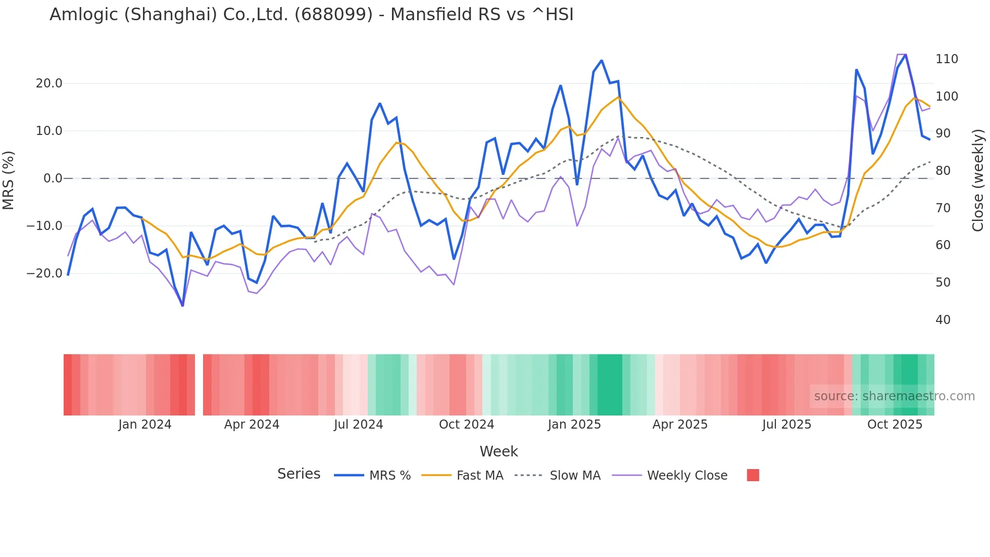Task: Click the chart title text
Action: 311,15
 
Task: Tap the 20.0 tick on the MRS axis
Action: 49,83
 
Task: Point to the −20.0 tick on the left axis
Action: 44,273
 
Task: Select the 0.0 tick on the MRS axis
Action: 53,178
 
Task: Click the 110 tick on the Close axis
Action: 947,59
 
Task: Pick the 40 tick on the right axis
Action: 943,320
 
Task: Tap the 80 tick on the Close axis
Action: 943,171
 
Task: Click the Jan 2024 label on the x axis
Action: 145,425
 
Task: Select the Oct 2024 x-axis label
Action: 466,425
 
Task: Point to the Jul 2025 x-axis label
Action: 786,425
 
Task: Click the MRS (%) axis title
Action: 9,180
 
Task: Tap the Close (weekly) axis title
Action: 978,180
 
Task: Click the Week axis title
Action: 499,451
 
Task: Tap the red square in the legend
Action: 753,475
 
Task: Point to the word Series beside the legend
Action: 299,474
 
